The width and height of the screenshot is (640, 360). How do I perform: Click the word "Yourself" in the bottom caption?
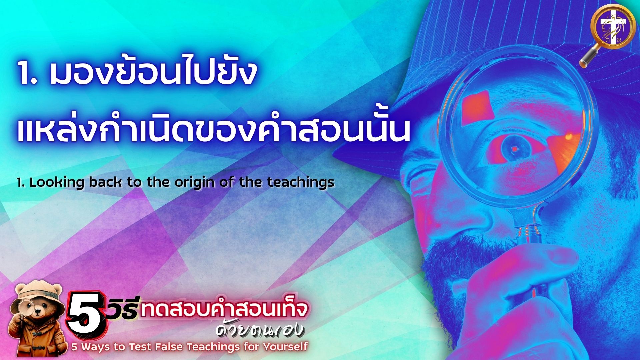pyautogui.click(x=285, y=347)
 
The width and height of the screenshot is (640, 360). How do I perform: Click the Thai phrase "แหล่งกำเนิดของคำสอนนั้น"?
pyautogui.click(x=213, y=130)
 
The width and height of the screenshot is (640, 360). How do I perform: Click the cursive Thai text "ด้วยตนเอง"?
pyautogui.click(x=260, y=329)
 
